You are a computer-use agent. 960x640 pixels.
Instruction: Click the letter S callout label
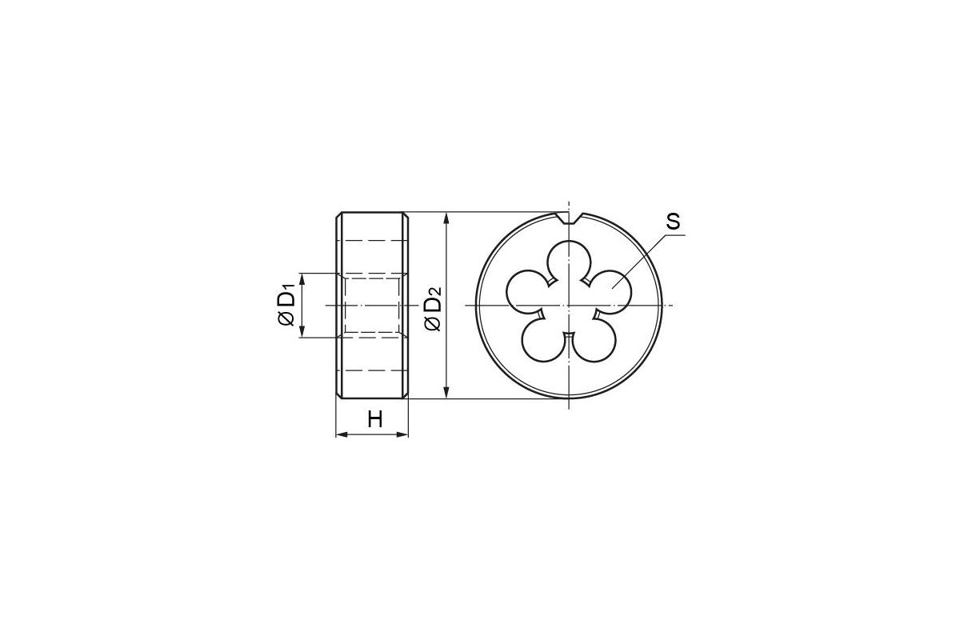pos(673,222)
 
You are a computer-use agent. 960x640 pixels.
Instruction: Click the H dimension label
pos(375,419)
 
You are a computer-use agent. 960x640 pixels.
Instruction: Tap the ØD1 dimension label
pos(286,305)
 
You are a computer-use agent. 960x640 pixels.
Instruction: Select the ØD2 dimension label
pos(433,309)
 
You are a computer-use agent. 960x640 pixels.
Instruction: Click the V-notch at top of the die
pos(569,218)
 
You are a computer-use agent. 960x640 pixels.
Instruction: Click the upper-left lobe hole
pos(528,291)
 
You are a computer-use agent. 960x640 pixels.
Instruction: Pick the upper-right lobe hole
pos(610,291)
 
